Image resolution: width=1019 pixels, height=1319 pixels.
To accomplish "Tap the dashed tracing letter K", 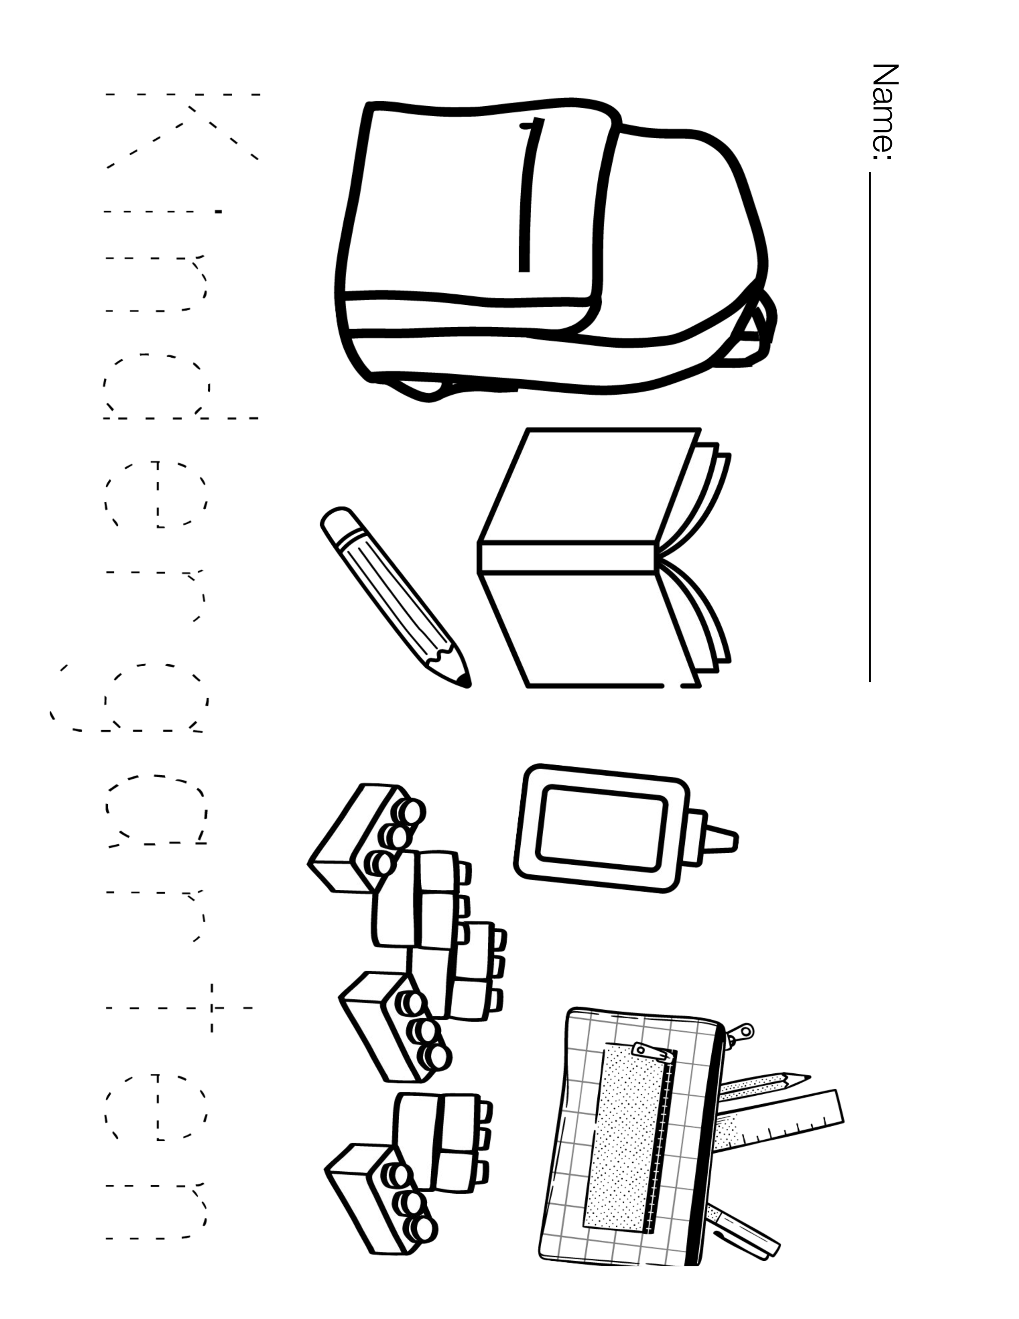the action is [x=182, y=130].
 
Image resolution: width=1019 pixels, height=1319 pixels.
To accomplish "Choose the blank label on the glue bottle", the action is [x=602, y=836].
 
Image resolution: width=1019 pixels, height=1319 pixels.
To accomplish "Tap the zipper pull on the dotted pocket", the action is [x=652, y=1052].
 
